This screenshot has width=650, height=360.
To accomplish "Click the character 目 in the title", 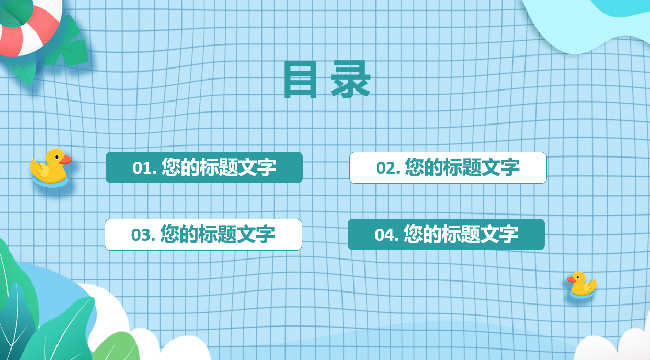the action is [x=300, y=79].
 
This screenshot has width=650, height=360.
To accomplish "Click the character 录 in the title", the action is [x=350, y=79].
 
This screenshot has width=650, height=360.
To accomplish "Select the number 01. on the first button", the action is [x=144, y=168].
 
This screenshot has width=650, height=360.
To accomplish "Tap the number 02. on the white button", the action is [x=388, y=168].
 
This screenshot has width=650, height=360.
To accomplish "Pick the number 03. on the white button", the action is [x=143, y=234].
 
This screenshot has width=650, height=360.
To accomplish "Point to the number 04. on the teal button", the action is [x=386, y=234].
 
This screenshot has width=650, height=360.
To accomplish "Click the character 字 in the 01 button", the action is [x=267, y=167].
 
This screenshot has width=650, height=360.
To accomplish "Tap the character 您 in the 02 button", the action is [x=414, y=167].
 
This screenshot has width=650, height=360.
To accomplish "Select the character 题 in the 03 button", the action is [x=227, y=234].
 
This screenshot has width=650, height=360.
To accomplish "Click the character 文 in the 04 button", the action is [x=489, y=234].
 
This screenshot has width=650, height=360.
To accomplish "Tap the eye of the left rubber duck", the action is [x=57, y=157].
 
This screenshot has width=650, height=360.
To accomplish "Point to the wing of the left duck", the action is [x=41, y=170].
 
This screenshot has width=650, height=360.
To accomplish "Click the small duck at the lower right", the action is [x=582, y=285].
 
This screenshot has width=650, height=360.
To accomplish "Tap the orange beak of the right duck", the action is [x=572, y=279].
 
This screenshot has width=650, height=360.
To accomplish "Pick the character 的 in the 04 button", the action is [x=432, y=234].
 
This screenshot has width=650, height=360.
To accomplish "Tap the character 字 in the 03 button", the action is [x=266, y=234].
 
